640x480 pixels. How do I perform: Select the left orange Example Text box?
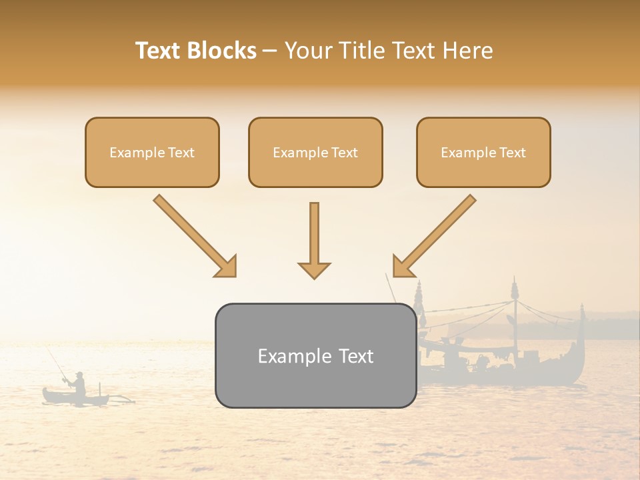click(152, 152)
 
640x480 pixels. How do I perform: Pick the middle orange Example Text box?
click(315, 152)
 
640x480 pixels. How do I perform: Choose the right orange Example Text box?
click(483, 152)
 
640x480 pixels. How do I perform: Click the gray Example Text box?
click(315, 355)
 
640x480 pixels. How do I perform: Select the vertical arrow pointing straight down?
click(314, 240)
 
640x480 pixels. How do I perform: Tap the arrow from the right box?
click(434, 235)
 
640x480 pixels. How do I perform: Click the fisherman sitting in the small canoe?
click(79, 385)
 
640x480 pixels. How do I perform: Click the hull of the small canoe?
click(73, 399)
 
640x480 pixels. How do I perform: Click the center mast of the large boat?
click(515, 320)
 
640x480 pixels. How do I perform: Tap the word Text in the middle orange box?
click(345, 153)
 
